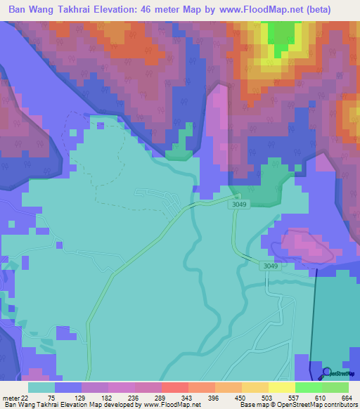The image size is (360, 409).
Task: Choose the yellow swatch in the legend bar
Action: (x=281, y=387)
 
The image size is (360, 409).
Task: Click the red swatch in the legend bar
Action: (x=174, y=387)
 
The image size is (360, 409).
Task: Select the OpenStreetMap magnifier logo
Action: (x=327, y=372)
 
